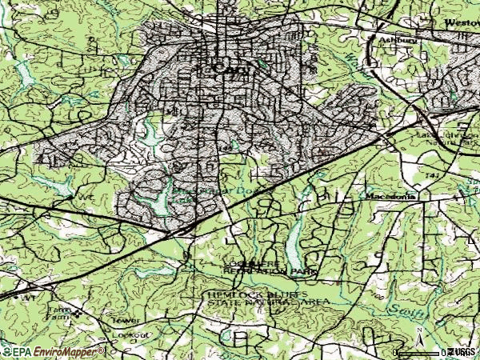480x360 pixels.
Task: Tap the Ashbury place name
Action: tap(383, 38)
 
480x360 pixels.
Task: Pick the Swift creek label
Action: tap(405, 308)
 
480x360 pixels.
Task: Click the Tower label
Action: tap(130, 319)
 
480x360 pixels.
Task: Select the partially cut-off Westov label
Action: tap(462, 23)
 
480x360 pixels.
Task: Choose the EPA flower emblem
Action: tap(9, 351)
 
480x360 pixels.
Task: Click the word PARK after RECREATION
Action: tap(302, 272)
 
